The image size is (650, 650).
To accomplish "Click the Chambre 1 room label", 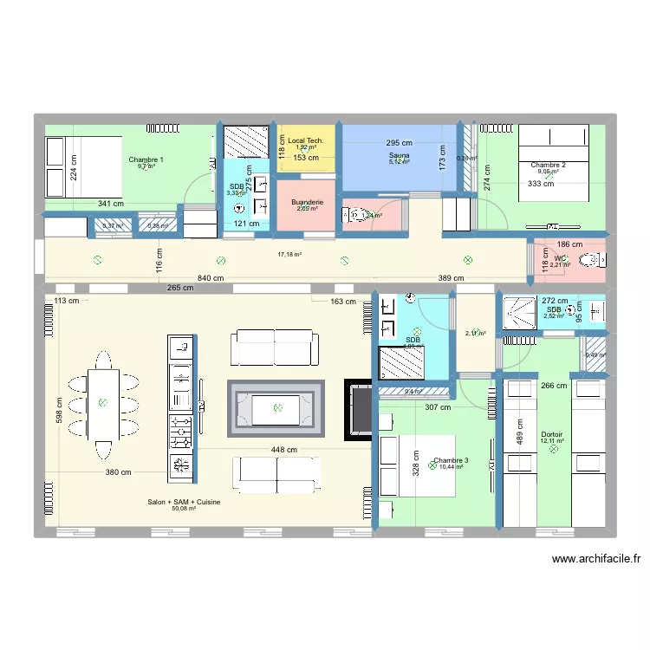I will click(x=146, y=159).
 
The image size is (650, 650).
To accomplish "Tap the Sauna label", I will click(x=399, y=155).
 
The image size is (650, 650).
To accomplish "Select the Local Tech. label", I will click(x=306, y=140).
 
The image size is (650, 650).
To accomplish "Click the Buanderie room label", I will click(x=307, y=201).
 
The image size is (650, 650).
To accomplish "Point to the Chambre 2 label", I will click(x=549, y=165).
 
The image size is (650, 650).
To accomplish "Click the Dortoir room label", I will click(x=551, y=434).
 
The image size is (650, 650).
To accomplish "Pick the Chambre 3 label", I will click(x=452, y=460).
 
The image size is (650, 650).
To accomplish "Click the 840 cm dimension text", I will click(x=210, y=278).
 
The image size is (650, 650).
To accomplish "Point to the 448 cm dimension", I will click(x=283, y=450).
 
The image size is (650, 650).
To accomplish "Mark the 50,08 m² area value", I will click(x=184, y=510).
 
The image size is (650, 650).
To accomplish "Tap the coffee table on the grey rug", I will click(x=277, y=407).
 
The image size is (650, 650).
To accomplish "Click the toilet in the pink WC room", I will click(x=590, y=258).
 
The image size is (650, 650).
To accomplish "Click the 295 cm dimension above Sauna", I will click(x=400, y=143).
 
